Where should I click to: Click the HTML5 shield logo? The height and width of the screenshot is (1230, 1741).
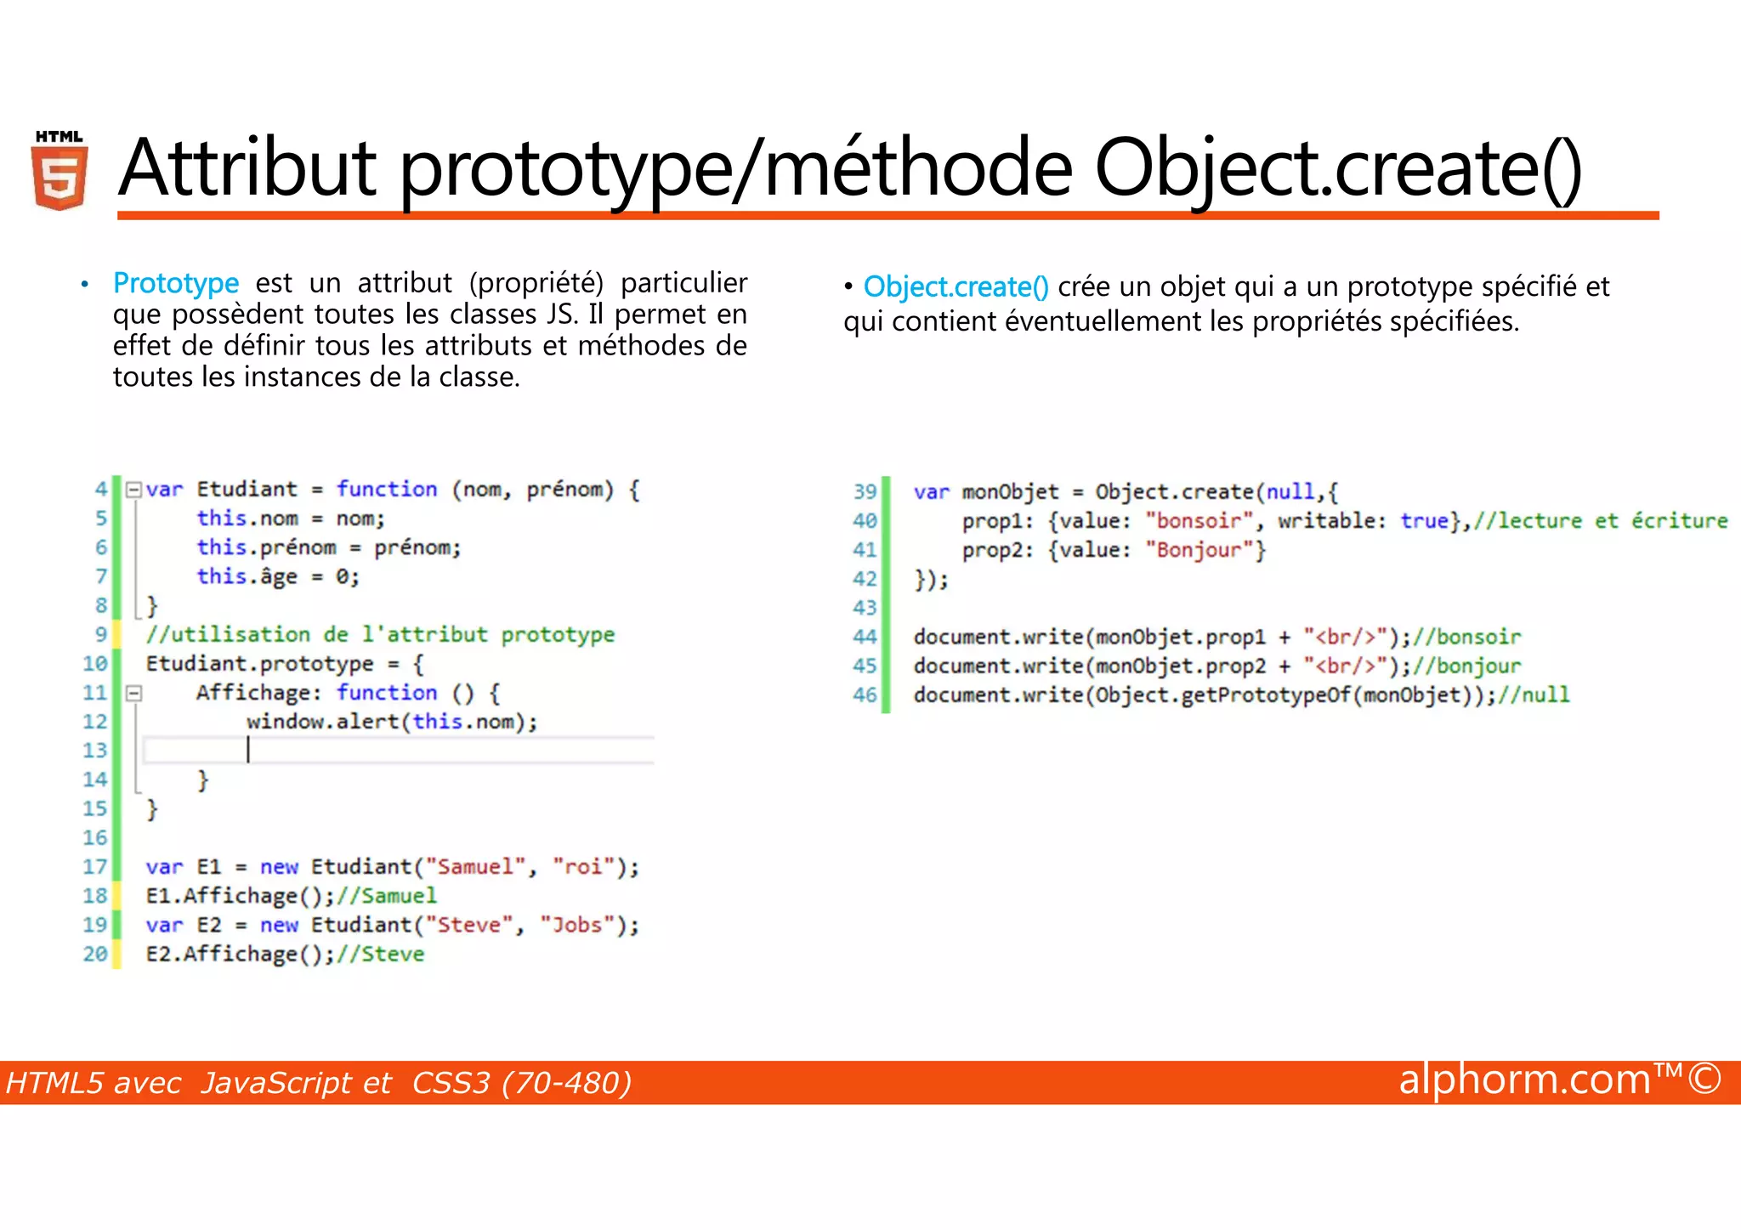pyautogui.click(x=60, y=172)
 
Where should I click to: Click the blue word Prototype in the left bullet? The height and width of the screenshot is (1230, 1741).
pyautogui.click(x=176, y=283)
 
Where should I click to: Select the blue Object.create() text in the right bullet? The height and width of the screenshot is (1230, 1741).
pyautogui.click(x=956, y=287)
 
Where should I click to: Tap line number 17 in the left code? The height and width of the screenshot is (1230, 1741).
pyautogui.click(x=95, y=867)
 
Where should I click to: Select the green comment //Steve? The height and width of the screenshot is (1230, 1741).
pyautogui.click(x=380, y=954)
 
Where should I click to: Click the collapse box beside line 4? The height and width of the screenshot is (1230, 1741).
pyautogui.click(x=133, y=490)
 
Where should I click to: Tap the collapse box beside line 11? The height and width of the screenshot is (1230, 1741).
pyautogui.click(x=133, y=693)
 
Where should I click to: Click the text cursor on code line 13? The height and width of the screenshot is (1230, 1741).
pyautogui.click(x=248, y=750)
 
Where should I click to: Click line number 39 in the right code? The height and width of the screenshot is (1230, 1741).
pyautogui.click(x=865, y=491)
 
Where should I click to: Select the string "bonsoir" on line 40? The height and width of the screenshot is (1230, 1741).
pyautogui.click(x=1199, y=520)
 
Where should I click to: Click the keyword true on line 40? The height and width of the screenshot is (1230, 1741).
pyautogui.click(x=1424, y=520)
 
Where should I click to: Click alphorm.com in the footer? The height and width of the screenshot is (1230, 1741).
pyautogui.click(x=1524, y=1080)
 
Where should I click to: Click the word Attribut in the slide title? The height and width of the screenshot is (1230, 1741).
pyautogui.click(x=247, y=167)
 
